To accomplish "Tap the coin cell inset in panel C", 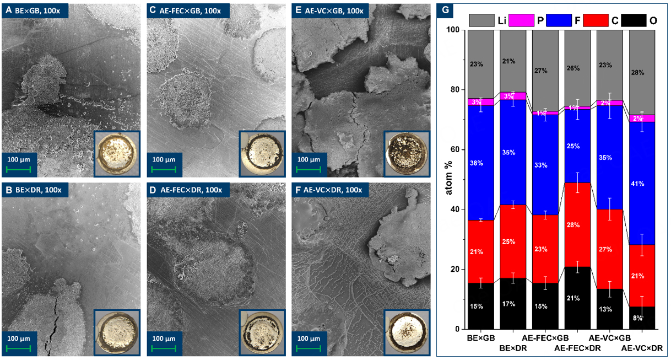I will (262, 153).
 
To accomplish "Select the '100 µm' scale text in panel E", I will (311, 159).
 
